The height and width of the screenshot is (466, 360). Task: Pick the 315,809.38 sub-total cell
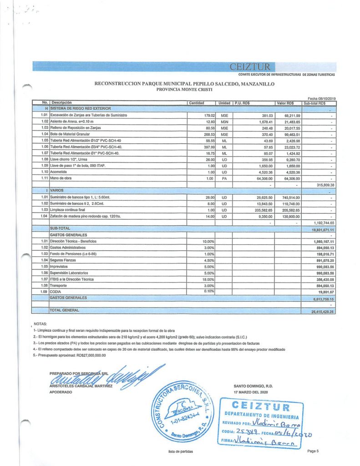click(x=325, y=185)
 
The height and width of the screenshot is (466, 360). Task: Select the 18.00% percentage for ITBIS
click(x=208, y=279)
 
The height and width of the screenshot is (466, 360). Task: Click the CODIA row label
click(x=56, y=291)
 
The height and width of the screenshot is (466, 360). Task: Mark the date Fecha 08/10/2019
click(x=321, y=99)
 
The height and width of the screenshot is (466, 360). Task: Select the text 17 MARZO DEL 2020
click(x=251, y=392)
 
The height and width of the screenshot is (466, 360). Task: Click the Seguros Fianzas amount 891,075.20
click(x=324, y=260)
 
